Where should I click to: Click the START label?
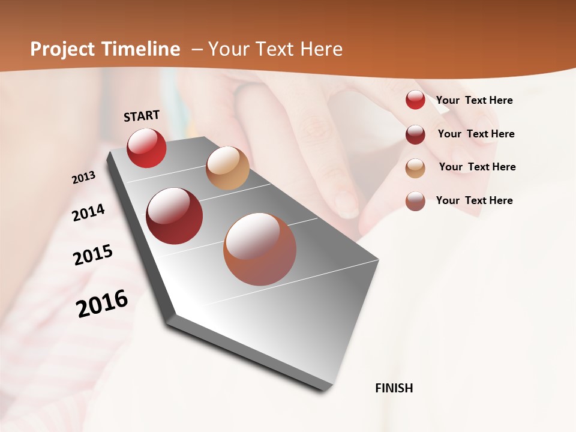click(x=142, y=116)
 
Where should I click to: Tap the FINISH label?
click(x=394, y=388)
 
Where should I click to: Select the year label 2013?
click(x=84, y=178)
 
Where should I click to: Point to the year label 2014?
click(x=88, y=212)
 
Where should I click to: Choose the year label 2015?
click(x=93, y=255)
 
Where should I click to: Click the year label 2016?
click(x=102, y=303)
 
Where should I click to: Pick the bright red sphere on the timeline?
click(x=146, y=148)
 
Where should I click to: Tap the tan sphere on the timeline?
click(x=227, y=168)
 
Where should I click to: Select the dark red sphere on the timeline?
click(x=174, y=216)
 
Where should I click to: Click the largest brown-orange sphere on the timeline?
click(x=260, y=249)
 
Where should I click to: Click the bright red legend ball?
click(x=415, y=100)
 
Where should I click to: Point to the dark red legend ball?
click(x=415, y=134)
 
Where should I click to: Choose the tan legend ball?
click(x=415, y=167)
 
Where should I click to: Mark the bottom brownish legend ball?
click(x=415, y=201)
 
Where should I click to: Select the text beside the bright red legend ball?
click(x=474, y=100)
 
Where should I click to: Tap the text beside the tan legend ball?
click(x=477, y=167)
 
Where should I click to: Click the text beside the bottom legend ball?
click(x=474, y=200)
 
